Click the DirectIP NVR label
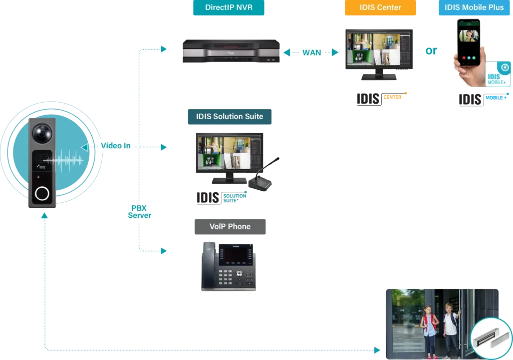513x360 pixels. point(229,8)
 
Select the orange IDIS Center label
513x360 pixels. point(380,8)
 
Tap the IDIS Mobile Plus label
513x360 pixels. point(474,8)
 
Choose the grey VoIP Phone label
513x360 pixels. point(230,226)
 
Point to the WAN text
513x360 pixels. point(312,53)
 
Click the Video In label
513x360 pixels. point(116,146)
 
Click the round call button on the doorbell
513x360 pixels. point(42,193)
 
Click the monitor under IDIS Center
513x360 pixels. point(379,53)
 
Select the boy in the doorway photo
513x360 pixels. point(450,325)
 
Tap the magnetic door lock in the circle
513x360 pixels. point(491,336)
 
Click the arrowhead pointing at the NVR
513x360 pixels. point(164,49)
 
